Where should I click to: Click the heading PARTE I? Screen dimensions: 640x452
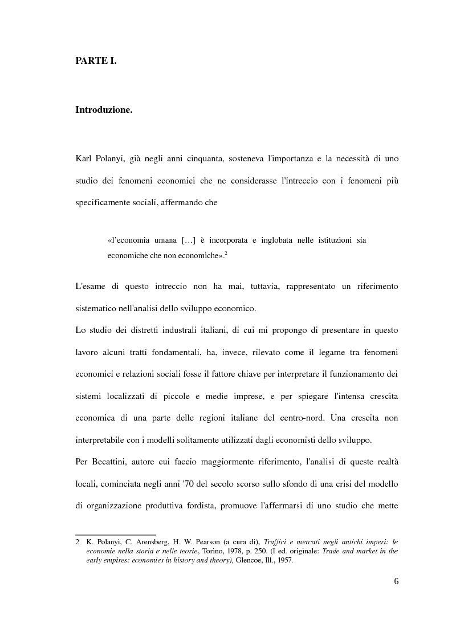click(x=96, y=60)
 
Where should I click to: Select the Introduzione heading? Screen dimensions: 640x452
click(x=104, y=110)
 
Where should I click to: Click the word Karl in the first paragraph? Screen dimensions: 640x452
click(x=83, y=158)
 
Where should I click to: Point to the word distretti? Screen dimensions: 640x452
click(x=142, y=330)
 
